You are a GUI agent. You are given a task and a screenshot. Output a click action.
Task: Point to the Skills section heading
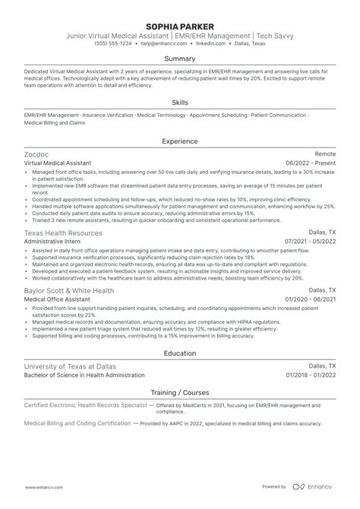point(180,101)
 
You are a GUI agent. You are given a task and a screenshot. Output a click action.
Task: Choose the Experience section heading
point(180,141)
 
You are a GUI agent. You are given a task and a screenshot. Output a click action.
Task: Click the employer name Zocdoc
point(38,153)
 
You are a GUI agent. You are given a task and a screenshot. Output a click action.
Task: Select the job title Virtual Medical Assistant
point(58,163)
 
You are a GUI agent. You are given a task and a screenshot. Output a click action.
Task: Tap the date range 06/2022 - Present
point(311,163)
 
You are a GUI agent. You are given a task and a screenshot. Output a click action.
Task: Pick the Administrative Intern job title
point(52,242)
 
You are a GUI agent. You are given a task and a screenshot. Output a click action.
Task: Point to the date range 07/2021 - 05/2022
point(311,242)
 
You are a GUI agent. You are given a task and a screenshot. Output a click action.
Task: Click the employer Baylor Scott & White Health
point(68,290)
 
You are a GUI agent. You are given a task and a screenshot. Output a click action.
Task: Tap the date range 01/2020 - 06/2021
point(311,300)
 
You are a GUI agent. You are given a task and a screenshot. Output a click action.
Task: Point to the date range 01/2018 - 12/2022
point(311,375)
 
